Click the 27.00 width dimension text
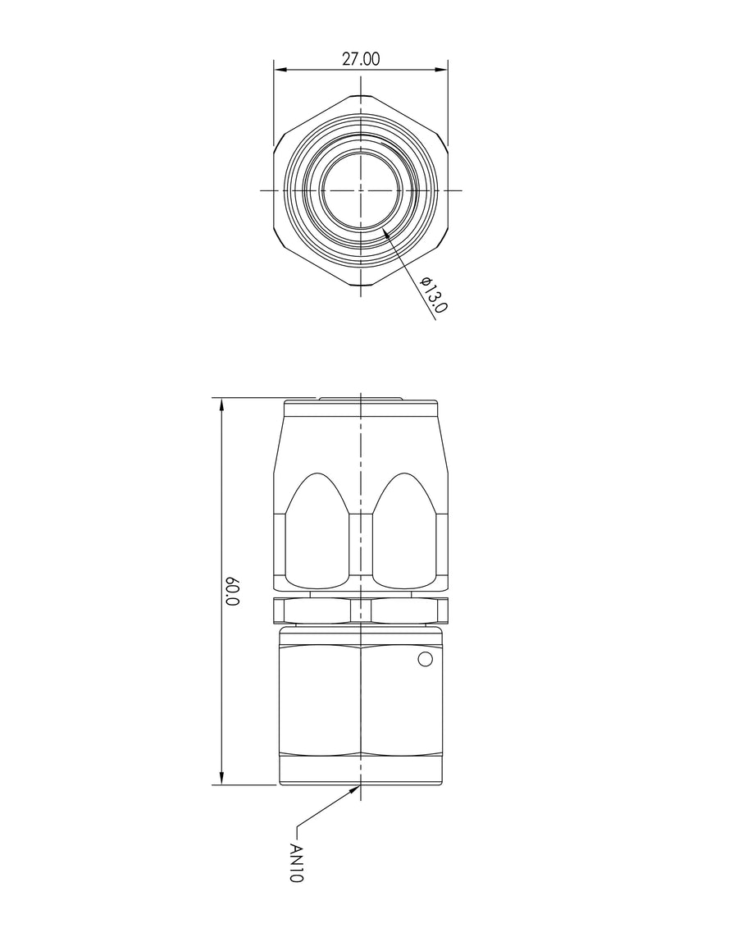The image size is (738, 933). (x=360, y=59)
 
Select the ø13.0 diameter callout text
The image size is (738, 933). (x=433, y=295)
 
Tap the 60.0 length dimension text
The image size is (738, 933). (x=233, y=591)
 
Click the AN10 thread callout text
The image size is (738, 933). (x=296, y=862)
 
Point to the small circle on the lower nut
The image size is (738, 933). (x=425, y=659)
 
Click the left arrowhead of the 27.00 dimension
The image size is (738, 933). (x=280, y=71)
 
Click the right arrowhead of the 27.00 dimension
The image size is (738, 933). (x=440, y=71)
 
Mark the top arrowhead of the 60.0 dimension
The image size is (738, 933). (x=222, y=405)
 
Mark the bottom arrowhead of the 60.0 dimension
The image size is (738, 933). (x=222, y=778)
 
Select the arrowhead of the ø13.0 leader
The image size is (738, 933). (x=386, y=234)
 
